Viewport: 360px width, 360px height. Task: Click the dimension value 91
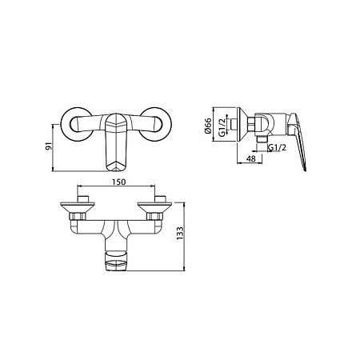(49, 146)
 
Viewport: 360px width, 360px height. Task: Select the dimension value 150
(118, 182)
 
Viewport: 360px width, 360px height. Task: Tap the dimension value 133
(180, 233)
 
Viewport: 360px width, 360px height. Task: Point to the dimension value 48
(251, 158)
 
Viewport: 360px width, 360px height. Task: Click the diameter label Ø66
(208, 126)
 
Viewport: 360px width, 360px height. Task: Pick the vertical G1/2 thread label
(222, 128)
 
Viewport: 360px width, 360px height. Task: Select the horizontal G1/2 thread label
(277, 147)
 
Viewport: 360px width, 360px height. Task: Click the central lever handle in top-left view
(116, 142)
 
